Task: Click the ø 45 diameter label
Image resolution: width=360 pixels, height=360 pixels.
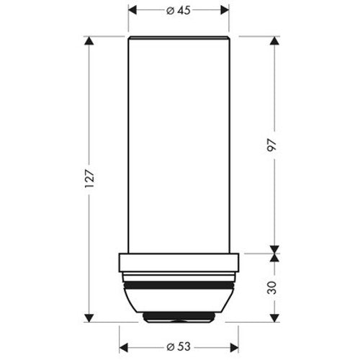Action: (179, 11)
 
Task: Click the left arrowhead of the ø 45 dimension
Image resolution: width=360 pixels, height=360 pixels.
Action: (133, 11)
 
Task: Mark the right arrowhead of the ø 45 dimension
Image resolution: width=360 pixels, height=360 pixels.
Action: (225, 11)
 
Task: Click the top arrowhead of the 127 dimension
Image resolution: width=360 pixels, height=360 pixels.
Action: (89, 40)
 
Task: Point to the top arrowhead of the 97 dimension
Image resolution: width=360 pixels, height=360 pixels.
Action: (275, 40)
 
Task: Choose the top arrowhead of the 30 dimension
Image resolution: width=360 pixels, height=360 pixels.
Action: (275, 258)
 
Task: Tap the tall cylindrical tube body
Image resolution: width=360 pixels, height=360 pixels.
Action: (179, 144)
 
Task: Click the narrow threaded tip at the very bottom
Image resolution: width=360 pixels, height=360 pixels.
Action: (179, 317)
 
